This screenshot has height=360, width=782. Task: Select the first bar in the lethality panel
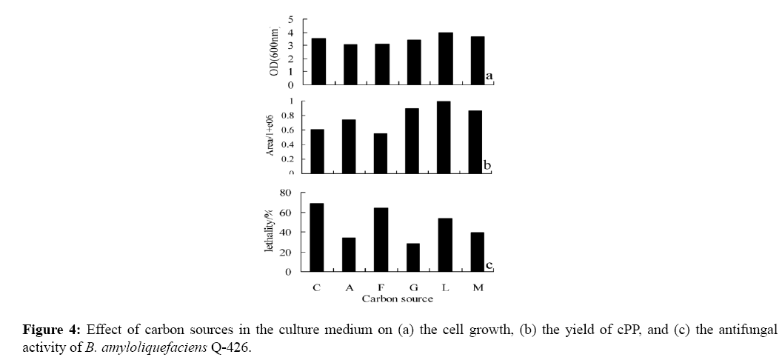[x=317, y=237]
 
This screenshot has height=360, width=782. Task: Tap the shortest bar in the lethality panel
[x=412, y=257]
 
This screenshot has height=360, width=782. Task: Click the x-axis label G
[x=412, y=287]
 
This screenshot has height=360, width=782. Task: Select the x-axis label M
[x=478, y=287]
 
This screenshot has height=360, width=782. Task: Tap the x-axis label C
[x=316, y=287]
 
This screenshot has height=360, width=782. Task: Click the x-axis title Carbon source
[x=397, y=299]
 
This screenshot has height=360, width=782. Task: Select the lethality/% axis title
[x=270, y=231]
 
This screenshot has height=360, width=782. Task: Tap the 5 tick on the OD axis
[x=290, y=19]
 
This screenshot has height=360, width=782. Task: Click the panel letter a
[x=489, y=76]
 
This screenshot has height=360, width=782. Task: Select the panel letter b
[x=487, y=164]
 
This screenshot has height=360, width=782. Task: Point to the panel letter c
[x=489, y=264]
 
